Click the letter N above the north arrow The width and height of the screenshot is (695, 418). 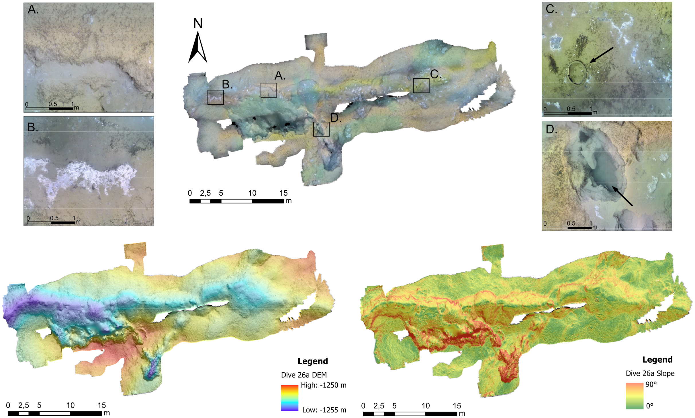(x=198, y=24)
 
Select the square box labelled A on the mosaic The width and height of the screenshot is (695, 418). (x=269, y=90)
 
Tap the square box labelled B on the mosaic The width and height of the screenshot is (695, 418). (x=216, y=97)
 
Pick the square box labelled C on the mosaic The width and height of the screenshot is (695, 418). (x=421, y=85)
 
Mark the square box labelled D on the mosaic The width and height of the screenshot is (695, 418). (x=321, y=129)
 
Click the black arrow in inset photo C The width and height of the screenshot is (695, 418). (x=601, y=55)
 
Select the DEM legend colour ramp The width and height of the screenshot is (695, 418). (x=289, y=398)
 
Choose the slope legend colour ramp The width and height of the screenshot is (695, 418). (x=635, y=396)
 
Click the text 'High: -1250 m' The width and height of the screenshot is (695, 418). (x=324, y=385)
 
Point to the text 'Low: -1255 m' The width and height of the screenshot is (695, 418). (x=324, y=410)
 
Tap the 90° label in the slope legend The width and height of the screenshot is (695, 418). (x=651, y=384)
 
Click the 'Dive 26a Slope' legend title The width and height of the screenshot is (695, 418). (x=650, y=373)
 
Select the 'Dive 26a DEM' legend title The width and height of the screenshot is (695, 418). (x=304, y=375)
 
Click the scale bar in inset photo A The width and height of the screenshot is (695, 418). (x=49, y=108)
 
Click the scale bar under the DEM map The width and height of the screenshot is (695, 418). (x=55, y=413)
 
